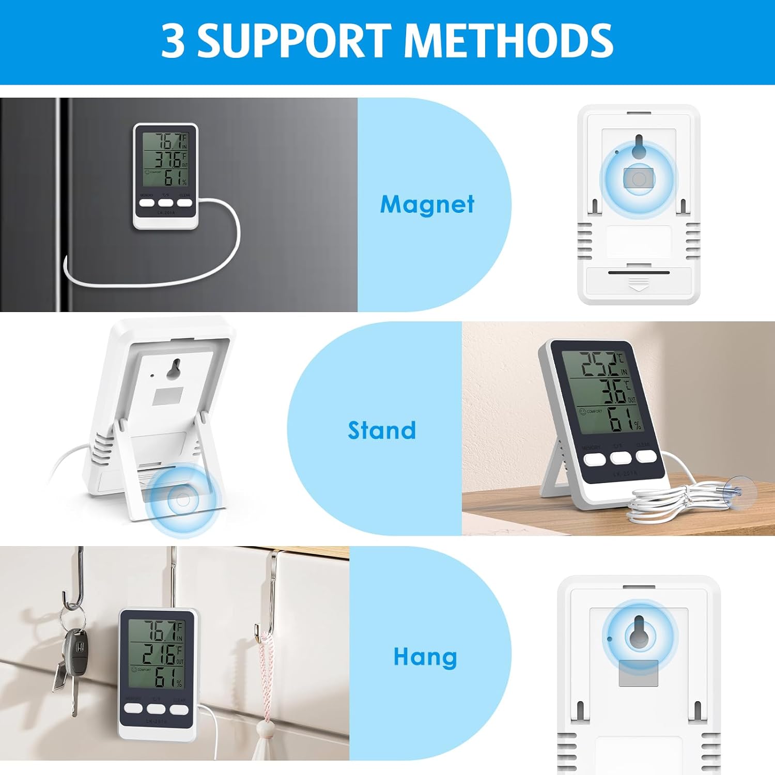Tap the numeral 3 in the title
pos(173,41)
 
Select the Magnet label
pos(427,204)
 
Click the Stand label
pos(382,430)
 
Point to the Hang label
pos(425,657)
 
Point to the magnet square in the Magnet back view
pos(639,179)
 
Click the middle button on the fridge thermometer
pos(165,203)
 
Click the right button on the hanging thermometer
pos(179,709)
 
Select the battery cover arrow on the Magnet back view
pos(639,284)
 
